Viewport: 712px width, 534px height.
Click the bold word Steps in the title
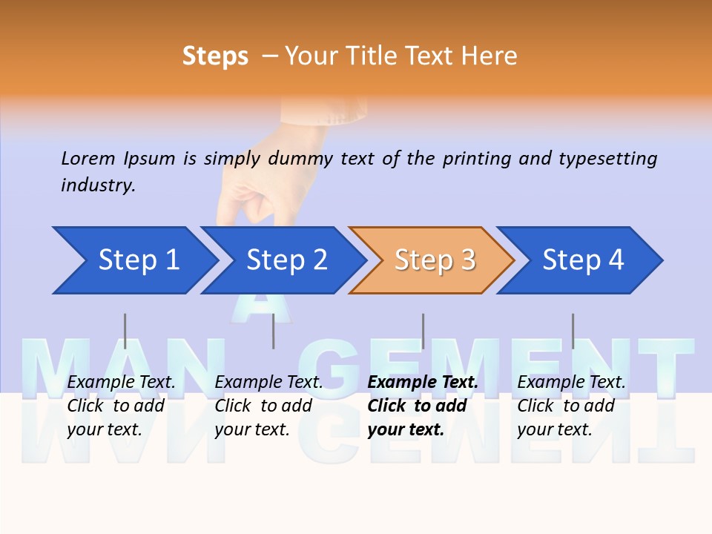click(215, 56)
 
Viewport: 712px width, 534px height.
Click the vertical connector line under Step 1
click(125, 331)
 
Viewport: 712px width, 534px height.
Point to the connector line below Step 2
click(274, 331)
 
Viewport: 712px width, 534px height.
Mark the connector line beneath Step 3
click(423, 331)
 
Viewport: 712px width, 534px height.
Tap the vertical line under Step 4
click(573, 331)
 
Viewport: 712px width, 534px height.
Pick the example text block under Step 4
click(571, 406)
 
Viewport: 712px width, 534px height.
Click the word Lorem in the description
click(88, 159)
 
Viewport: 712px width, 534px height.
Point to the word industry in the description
click(98, 185)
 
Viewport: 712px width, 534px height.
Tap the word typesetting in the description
click(607, 159)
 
